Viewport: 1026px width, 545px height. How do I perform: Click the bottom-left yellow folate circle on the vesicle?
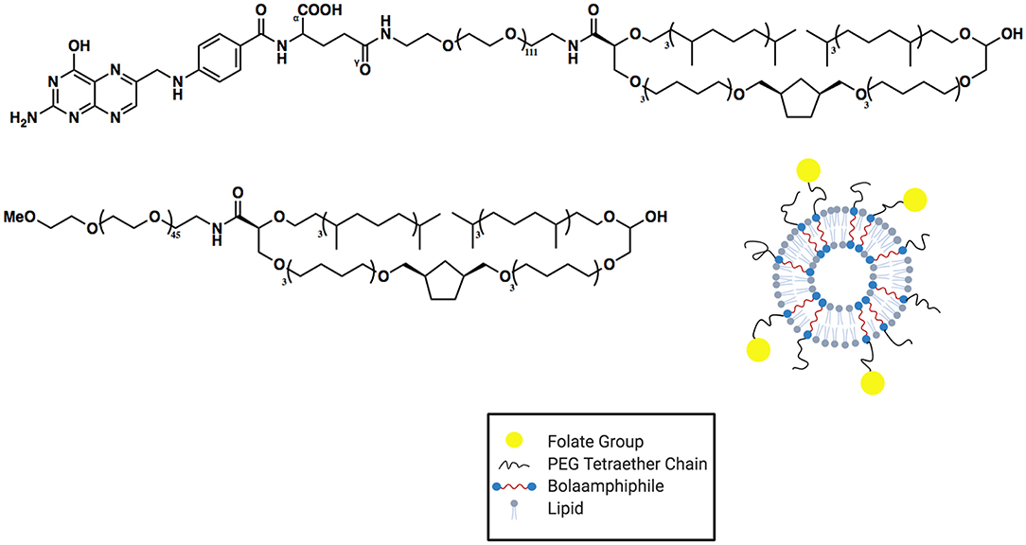click(758, 350)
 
